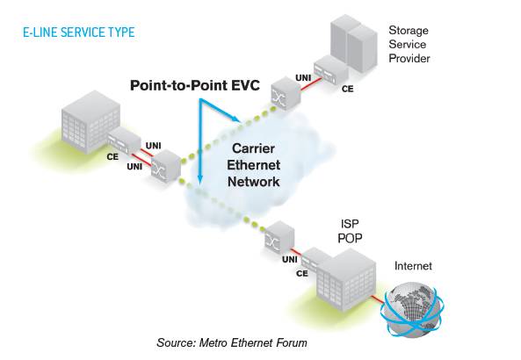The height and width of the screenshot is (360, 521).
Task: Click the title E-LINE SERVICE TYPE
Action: (79, 32)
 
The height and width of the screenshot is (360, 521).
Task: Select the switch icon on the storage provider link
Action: (283, 91)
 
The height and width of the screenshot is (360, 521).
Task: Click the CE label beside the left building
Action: (112, 156)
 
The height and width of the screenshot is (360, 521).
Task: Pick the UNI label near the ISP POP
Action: (287, 259)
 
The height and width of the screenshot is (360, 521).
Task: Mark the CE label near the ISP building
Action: (302, 273)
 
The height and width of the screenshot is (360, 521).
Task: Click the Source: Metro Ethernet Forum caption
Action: (232, 342)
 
